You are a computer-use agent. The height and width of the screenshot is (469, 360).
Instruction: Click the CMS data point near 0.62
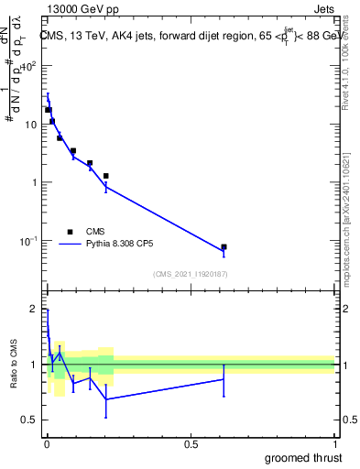click(x=224, y=247)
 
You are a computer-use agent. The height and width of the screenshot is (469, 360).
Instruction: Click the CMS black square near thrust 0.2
click(x=106, y=176)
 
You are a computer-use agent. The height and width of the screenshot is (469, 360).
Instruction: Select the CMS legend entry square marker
click(x=70, y=232)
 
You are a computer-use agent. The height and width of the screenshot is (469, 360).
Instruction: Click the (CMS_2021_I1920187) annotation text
click(x=190, y=274)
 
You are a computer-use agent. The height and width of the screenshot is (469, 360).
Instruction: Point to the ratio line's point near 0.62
click(x=224, y=379)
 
